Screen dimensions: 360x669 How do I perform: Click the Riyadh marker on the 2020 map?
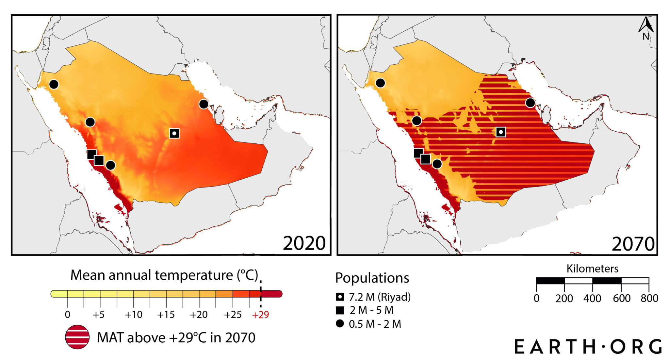174,133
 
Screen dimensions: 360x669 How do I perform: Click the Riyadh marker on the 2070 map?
501,132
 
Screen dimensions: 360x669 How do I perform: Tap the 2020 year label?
304,243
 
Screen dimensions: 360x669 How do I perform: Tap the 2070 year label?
633,244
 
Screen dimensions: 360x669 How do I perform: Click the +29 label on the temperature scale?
260,315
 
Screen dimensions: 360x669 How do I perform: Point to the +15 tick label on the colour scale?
166,315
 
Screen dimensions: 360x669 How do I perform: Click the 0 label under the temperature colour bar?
67,315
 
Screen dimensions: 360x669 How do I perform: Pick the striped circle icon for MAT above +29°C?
77,337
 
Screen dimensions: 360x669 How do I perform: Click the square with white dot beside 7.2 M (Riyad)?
340,297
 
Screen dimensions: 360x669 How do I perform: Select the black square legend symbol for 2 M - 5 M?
340,310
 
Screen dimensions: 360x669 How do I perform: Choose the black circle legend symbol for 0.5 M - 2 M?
340,324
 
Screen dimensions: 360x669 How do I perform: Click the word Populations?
372,278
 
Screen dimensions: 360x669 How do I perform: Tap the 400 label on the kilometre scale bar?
592,299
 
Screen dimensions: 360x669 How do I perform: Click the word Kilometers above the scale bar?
592,269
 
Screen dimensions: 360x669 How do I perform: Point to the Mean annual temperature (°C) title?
164,275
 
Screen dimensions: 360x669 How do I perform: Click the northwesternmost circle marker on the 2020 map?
54,84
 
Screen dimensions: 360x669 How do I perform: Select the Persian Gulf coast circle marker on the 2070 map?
530,103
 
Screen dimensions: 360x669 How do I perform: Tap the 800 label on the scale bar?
649,299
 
